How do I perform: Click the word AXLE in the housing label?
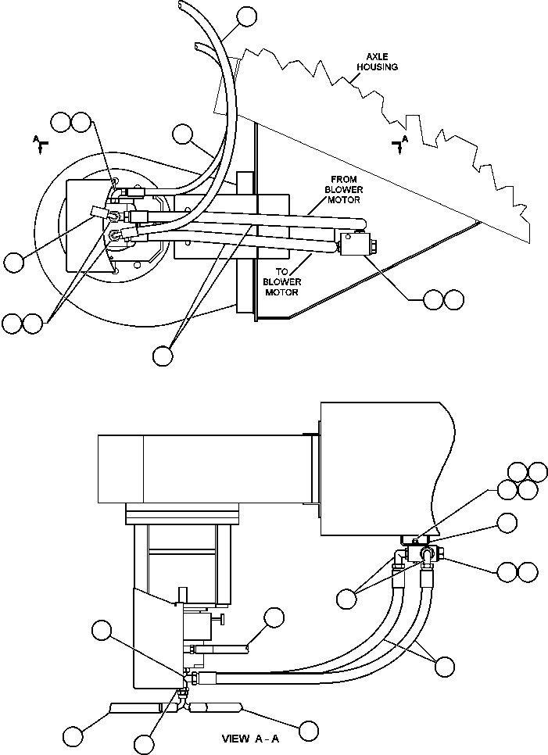(x=378, y=57)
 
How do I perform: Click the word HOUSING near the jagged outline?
(x=378, y=67)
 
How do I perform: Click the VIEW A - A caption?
(x=249, y=739)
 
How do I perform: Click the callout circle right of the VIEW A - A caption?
(x=309, y=731)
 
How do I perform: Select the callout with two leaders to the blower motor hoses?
(x=163, y=355)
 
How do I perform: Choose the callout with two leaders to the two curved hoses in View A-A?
(x=444, y=666)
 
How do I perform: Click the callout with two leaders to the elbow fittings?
(x=347, y=598)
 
